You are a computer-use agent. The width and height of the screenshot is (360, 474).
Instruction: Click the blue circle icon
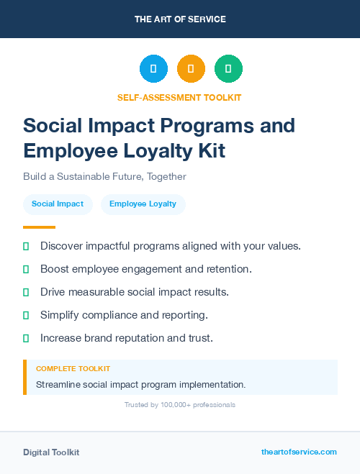tap(153, 69)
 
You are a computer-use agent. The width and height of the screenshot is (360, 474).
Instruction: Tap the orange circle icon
tap(191, 69)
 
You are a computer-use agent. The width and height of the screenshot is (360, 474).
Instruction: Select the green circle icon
tap(228, 69)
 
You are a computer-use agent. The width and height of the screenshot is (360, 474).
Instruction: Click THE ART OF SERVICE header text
tap(180, 19)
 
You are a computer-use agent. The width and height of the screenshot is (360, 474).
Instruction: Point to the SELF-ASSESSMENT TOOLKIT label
tap(179, 97)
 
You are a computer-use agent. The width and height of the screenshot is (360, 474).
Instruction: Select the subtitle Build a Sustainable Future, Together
tap(104, 176)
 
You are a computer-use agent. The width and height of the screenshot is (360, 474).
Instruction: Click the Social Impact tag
tap(58, 204)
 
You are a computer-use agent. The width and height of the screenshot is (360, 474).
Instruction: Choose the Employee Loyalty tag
tap(143, 204)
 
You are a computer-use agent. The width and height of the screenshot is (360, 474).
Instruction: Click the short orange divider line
tap(35, 227)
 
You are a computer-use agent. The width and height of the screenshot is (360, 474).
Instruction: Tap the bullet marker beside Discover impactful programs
tap(26, 246)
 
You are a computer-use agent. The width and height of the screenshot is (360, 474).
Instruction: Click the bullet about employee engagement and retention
tap(146, 269)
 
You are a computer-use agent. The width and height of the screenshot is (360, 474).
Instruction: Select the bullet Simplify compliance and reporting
tap(124, 315)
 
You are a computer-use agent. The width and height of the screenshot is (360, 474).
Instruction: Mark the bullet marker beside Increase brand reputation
tap(26, 338)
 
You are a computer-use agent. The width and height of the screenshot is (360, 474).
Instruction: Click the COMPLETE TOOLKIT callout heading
tap(73, 368)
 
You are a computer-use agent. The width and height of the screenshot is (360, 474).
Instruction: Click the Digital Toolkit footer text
tap(51, 452)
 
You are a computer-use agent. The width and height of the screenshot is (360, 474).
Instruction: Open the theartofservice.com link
tap(299, 452)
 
